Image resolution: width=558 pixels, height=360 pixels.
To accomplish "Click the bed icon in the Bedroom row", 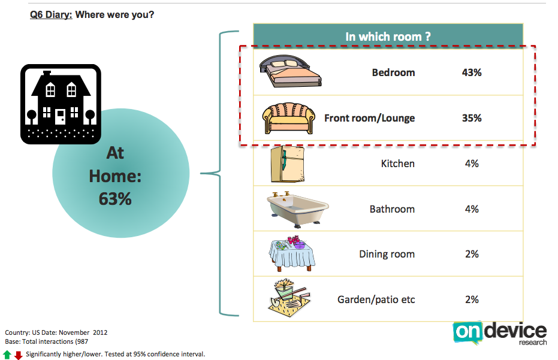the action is [290, 71].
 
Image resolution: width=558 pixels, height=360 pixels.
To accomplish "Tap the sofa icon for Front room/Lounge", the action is [289, 118].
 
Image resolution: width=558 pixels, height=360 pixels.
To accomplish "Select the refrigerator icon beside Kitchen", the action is [288, 164].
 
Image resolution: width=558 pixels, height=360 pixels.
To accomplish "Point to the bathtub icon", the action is [298, 210].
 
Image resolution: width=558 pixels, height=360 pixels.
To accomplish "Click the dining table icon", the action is [291, 253].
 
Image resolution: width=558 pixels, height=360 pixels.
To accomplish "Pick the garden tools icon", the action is [289, 298].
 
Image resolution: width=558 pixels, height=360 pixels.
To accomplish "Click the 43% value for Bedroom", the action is [472, 72].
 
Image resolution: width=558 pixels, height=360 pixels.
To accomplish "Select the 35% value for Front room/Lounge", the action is [472, 118].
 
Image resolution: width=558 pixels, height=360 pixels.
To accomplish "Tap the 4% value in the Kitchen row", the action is [472, 164].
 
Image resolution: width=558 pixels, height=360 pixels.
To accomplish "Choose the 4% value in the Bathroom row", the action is [472, 209].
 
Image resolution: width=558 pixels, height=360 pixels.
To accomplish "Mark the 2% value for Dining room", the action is [472, 254].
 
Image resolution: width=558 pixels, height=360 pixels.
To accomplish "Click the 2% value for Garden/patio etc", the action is [472, 300].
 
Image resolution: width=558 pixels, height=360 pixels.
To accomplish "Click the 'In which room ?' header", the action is [388, 37].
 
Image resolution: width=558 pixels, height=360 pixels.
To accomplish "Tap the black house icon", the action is [61, 104].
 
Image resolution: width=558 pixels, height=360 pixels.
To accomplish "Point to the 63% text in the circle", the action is [115, 199].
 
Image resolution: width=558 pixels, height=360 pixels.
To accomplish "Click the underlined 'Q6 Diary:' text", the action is [51, 15].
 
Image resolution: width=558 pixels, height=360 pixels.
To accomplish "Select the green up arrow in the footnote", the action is [7, 354].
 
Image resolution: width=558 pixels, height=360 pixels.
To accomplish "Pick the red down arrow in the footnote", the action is [19, 355].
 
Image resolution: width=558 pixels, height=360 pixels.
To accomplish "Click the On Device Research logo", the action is [500, 333].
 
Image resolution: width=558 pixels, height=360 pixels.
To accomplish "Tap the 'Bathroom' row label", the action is [392, 209].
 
